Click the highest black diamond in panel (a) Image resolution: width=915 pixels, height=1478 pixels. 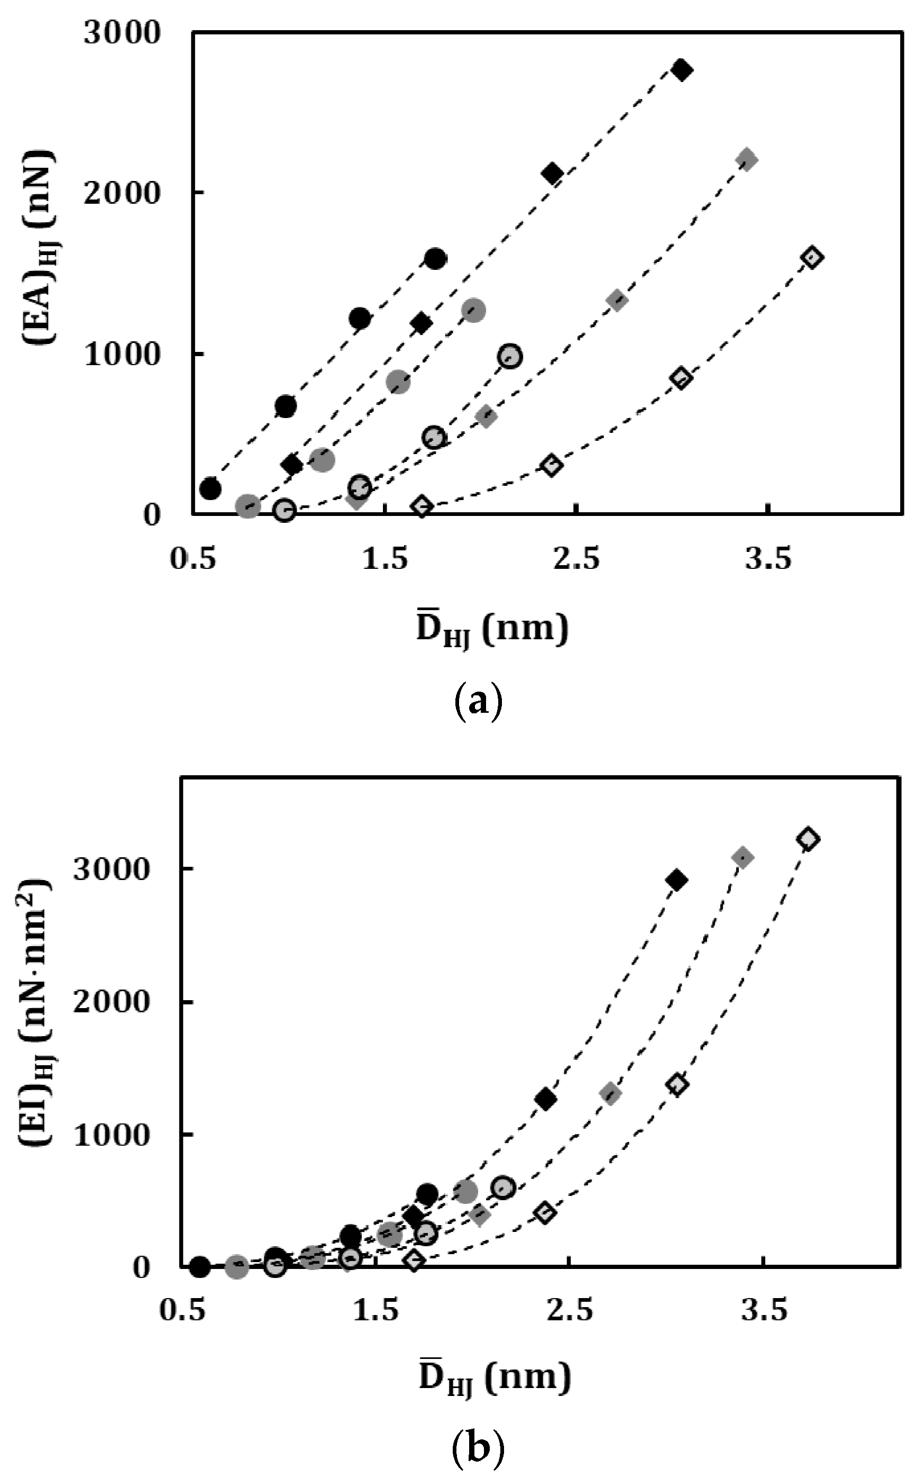point(681,70)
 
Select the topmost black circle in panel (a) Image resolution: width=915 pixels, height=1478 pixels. point(435,259)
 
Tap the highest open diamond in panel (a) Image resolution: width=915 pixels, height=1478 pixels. point(811,257)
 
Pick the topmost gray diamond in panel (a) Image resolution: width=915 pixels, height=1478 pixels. point(747,160)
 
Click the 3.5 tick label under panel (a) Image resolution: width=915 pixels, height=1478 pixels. point(768,558)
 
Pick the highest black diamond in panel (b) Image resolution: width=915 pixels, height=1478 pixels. point(676,881)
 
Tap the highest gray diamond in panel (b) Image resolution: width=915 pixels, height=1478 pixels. point(743,857)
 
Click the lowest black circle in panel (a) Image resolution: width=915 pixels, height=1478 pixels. point(210,488)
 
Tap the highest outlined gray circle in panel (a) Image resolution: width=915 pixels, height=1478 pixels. point(510,356)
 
